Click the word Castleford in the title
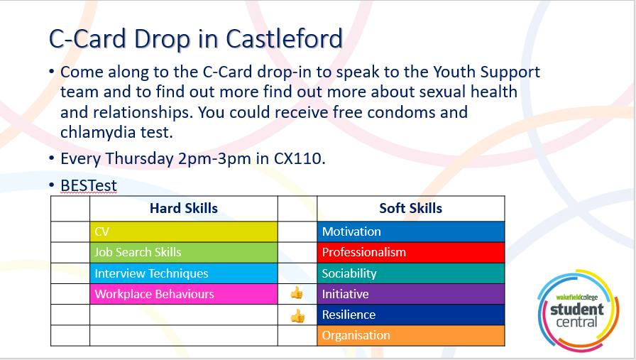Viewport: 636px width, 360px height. [x=285, y=39]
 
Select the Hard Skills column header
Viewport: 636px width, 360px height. [x=184, y=208]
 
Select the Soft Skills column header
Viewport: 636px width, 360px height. [x=410, y=208]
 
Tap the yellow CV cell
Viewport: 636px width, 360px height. [x=184, y=231]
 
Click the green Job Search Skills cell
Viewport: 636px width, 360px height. [x=184, y=253]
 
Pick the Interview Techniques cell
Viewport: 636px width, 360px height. [x=184, y=273]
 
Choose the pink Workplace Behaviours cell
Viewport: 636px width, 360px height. [x=184, y=294]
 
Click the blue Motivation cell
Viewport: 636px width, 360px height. [x=411, y=231]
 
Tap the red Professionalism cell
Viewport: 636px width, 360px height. [x=411, y=253]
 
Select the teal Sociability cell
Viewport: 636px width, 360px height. [x=411, y=273]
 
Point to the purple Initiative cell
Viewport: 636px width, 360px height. [x=411, y=294]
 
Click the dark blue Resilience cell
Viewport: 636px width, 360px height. [x=411, y=315]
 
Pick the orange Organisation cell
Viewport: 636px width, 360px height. [x=411, y=335]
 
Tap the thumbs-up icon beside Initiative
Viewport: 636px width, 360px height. [x=297, y=293]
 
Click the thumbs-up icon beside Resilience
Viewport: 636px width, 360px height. [x=297, y=316]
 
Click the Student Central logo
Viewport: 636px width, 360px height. [x=578, y=310]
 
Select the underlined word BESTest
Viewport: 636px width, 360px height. [x=89, y=185]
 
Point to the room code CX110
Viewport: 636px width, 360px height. [x=300, y=158]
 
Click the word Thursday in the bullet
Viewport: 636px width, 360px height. [x=139, y=159]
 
